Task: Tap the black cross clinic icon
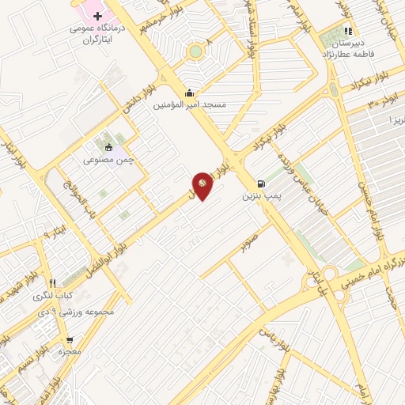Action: (x=97, y=16)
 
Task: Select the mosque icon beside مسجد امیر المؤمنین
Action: (x=187, y=93)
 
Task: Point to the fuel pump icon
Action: (x=261, y=180)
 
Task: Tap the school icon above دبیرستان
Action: (x=347, y=32)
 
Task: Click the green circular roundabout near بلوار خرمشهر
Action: (x=195, y=52)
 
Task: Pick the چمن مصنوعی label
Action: (x=110, y=159)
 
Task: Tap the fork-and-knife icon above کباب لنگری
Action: (x=52, y=283)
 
